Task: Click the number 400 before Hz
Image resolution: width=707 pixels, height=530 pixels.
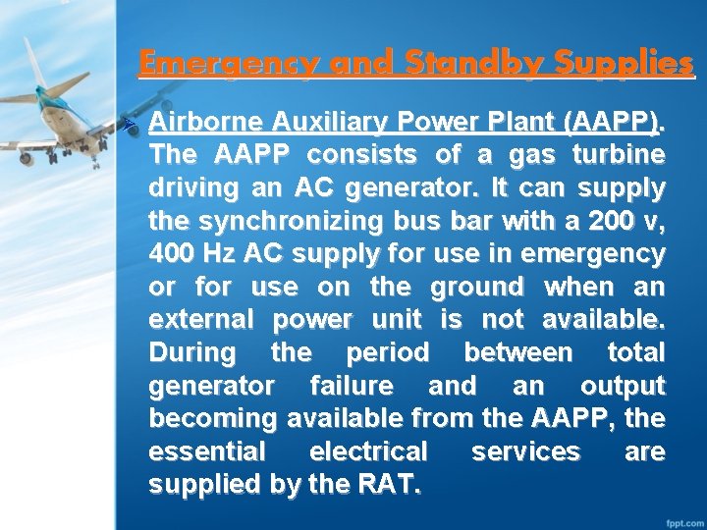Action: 173,254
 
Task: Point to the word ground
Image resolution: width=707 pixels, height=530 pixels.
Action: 475,287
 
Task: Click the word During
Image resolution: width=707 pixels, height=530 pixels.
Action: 192,352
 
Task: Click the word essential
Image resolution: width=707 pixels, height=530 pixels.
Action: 206,451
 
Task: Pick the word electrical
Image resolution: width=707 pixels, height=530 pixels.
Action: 368,451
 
